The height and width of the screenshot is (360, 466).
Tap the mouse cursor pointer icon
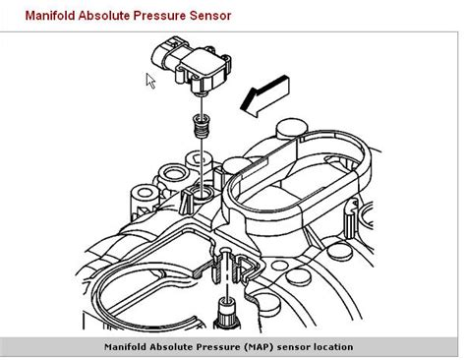coord(151,81)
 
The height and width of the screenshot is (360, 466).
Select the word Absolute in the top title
coord(111,16)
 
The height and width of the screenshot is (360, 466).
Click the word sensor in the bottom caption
coord(277,347)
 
